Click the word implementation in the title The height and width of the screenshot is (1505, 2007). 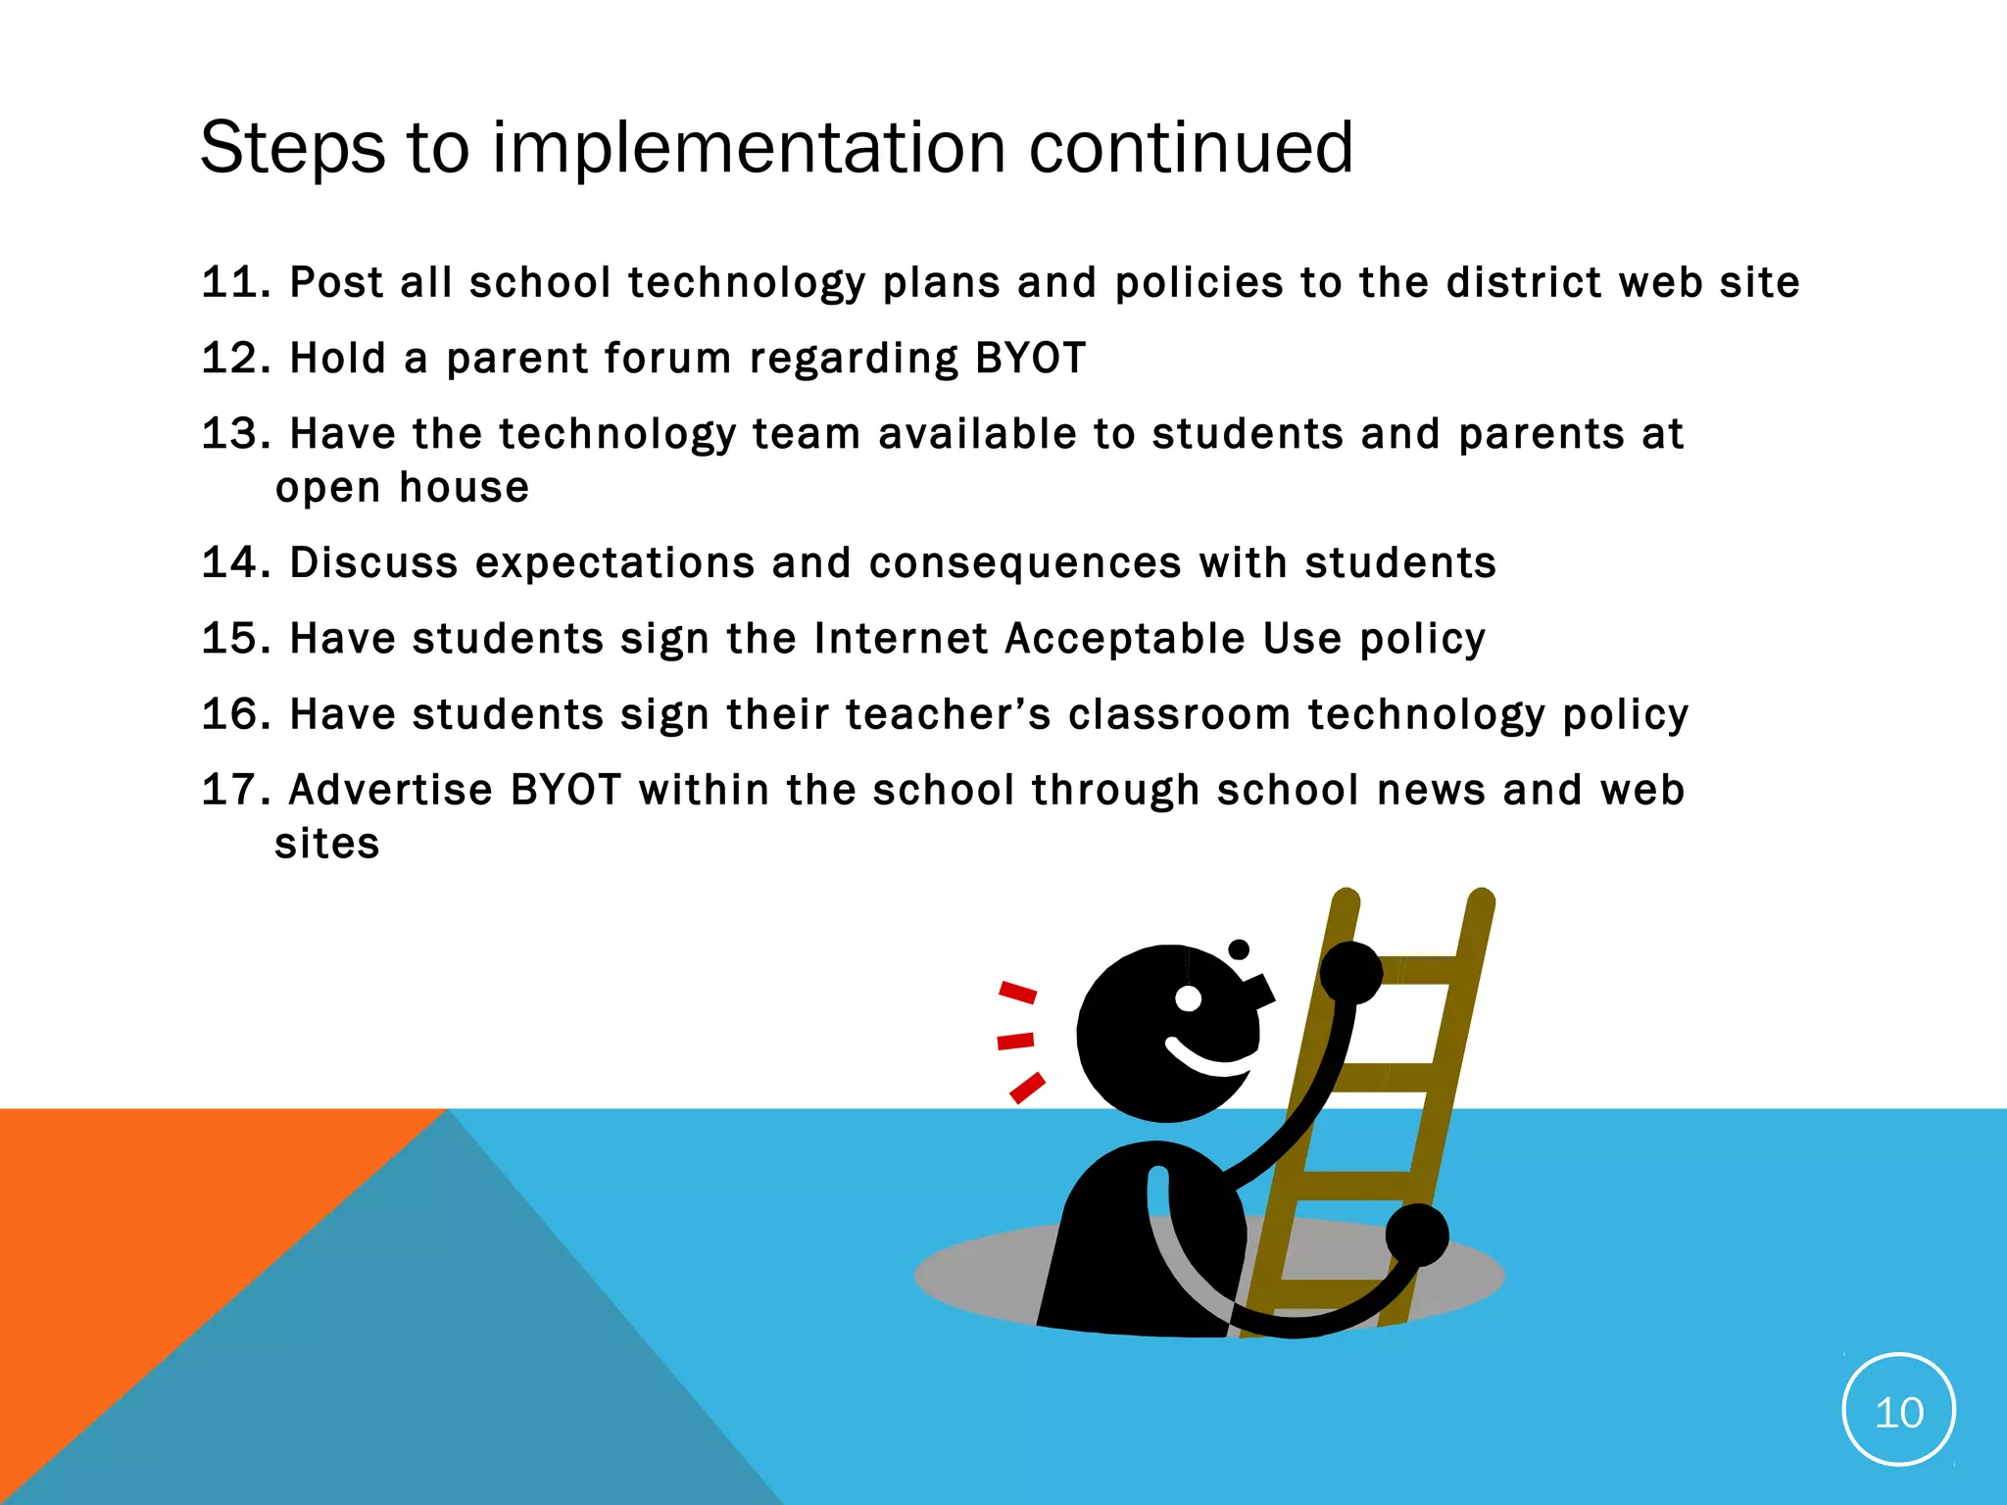(x=748, y=149)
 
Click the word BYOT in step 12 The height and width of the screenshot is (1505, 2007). (x=1030, y=358)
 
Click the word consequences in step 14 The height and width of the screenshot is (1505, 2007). (x=1025, y=562)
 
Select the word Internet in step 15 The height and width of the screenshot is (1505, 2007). (x=901, y=638)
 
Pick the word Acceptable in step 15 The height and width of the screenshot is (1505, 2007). (x=1124, y=638)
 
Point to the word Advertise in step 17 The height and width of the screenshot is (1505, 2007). (x=390, y=790)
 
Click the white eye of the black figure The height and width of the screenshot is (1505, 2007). (x=1188, y=998)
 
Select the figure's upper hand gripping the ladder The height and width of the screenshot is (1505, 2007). (x=1351, y=972)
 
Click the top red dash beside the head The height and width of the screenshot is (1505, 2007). (x=1017, y=993)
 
